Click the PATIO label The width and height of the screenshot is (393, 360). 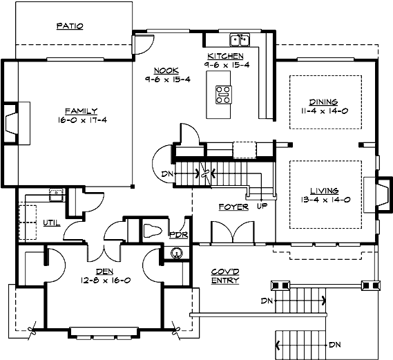coord(69,26)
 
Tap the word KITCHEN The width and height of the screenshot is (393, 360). coord(225,55)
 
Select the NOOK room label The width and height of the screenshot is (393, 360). coord(166,70)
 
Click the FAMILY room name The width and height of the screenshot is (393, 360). coord(81,111)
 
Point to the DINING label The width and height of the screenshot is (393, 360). coord(323,100)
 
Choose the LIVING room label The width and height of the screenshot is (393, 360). coord(323,190)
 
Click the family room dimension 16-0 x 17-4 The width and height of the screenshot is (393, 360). coord(82,120)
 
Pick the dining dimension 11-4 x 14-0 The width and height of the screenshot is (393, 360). coord(323,109)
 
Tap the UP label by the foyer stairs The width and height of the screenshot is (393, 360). coord(262,206)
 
